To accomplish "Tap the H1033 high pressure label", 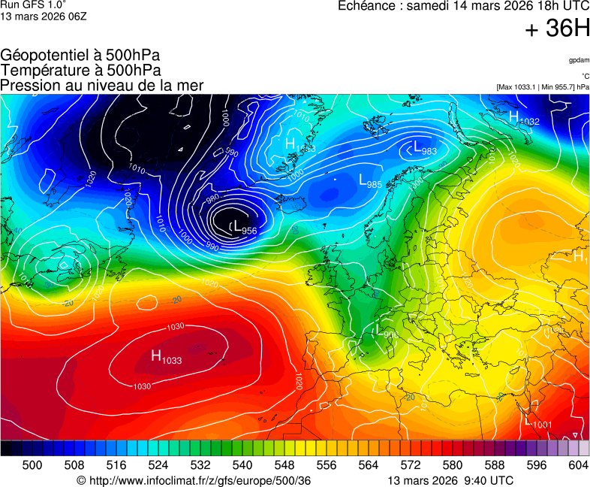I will coord(166,357).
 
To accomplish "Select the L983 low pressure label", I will coord(425,148).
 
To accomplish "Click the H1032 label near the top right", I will coord(524,118).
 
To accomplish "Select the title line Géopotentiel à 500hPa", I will coord(80,56).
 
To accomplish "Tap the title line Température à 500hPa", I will coord(80,71).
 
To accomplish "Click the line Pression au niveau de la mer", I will coord(102,86).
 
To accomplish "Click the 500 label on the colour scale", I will coord(32,466).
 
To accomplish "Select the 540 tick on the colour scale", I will coord(243,466).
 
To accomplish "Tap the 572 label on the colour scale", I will coord(411,466).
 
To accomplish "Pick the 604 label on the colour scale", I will coord(578,466).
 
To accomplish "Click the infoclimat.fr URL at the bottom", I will coord(194,480).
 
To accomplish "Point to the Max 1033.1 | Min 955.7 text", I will coord(543,87).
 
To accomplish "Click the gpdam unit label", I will coord(578,59).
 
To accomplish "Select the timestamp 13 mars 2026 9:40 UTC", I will coord(450,480).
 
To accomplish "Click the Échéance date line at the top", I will coord(463,6).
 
